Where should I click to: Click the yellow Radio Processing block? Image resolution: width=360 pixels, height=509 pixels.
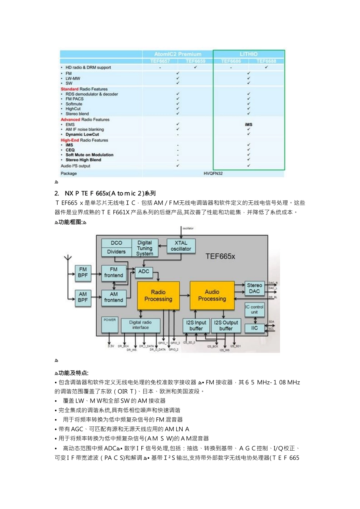tap(158, 295)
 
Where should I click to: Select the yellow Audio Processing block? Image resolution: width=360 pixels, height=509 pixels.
tap(212, 295)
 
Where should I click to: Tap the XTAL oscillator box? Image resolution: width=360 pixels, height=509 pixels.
tap(181, 246)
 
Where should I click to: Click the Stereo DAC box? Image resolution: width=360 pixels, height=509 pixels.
tap(254, 288)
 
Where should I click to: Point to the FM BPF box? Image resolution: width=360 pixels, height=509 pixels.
tap(83, 273)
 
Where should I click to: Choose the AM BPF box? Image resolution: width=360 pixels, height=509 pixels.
tap(83, 297)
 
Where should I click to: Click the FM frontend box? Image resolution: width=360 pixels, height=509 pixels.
tap(114, 273)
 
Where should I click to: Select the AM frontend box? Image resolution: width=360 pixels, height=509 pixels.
tap(114, 297)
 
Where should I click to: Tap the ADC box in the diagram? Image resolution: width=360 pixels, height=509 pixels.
tap(144, 272)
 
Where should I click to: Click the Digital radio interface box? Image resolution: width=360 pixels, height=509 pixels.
tap(140, 325)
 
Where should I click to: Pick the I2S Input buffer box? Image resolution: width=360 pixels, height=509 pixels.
tap(196, 325)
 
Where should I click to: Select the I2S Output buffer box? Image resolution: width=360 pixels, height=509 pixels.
tap(226, 325)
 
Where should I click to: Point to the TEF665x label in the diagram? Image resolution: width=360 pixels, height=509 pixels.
tap(220, 256)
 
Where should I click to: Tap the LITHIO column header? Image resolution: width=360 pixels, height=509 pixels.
tap(249, 54)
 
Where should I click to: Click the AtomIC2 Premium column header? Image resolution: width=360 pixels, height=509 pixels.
tap(178, 54)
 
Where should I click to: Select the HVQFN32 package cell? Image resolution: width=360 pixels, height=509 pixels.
tap(213, 173)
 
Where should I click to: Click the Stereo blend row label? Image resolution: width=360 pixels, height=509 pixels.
tap(77, 114)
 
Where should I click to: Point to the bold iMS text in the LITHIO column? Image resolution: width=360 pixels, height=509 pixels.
tap(249, 124)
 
